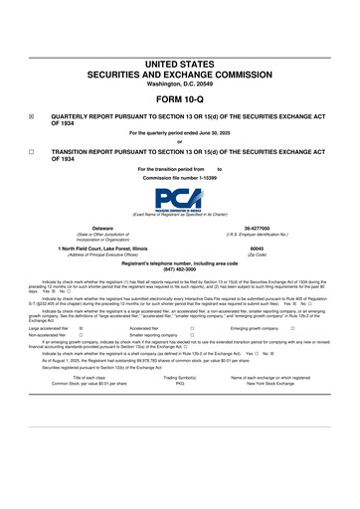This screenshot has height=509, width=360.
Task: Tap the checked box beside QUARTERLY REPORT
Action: coord(31,115)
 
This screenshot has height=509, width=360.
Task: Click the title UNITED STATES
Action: coord(179,63)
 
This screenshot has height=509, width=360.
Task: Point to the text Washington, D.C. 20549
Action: coord(179,83)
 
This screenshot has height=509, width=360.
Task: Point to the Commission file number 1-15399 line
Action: coord(179,178)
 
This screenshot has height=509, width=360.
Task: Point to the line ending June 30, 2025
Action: coord(179,133)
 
